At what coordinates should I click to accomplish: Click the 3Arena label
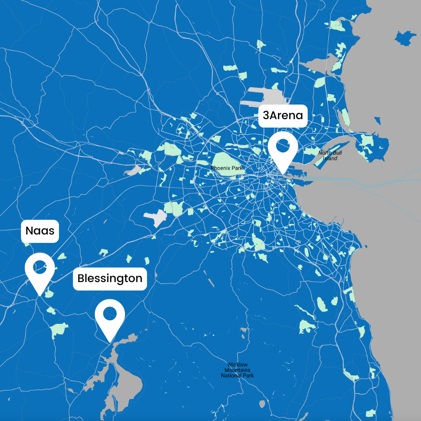[x=282, y=115]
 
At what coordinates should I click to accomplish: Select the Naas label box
[x=40, y=231]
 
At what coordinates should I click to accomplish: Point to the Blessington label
[x=110, y=279]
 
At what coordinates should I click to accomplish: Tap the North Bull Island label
[x=330, y=155]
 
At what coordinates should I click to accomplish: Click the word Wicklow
[x=237, y=365]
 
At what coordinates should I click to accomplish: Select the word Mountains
[x=237, y=370]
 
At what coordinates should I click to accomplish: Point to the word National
[x=231, y=376]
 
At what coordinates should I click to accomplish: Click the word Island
[x=330, y=158]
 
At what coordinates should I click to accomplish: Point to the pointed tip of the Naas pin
[x=40, y=295]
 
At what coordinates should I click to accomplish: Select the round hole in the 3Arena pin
[x=283, y=146]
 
